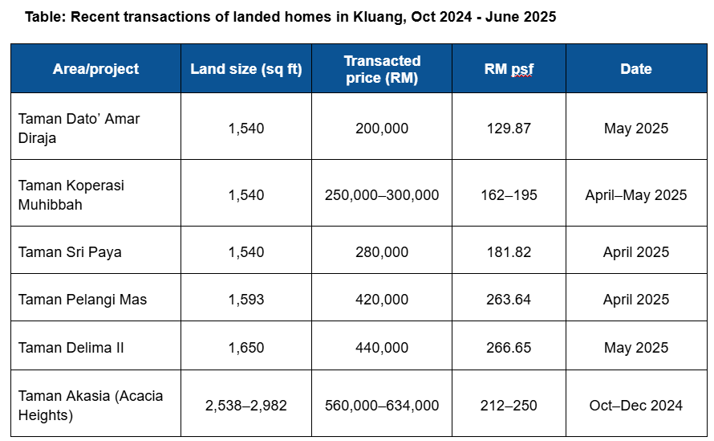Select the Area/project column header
coord(95,69)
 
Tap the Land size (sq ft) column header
coord(245,69)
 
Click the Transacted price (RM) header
coord(382,69)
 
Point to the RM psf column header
coord(509,69)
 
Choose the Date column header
coord(635,69)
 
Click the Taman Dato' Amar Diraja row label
coord(79,128)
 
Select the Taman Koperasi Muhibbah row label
coord(71,194)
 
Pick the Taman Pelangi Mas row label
coord(83,300)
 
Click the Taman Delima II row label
coord(71,348)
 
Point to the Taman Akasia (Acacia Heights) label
coord(80,406)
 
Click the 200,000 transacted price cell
coord(382,129)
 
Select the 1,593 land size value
coord(245,300)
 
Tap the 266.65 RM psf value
coord(509,348)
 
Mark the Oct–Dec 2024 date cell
coord(635,406)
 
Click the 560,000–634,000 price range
coord(382,406)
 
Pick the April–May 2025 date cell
coord(635,195)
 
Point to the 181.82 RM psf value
coord(509,252)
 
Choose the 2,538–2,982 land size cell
coord(245,406)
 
